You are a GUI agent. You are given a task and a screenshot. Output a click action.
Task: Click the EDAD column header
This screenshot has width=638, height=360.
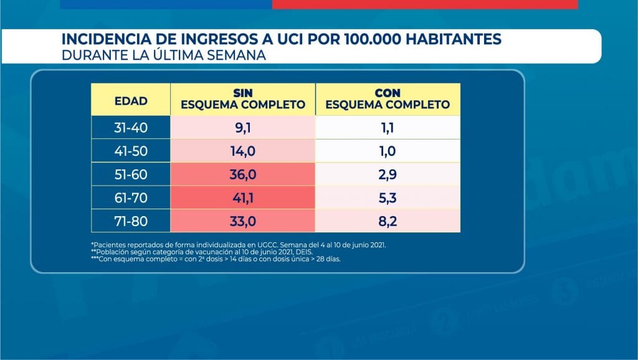point(131,100)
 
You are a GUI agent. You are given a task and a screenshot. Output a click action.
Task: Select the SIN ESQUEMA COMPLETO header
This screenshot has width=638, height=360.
point(243,100)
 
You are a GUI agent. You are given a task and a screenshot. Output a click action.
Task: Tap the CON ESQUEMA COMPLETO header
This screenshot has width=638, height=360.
point(388,100)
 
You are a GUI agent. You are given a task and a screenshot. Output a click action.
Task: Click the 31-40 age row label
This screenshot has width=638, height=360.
point(131,128)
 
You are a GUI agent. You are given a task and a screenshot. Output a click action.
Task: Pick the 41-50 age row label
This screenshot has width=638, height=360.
point(131,151)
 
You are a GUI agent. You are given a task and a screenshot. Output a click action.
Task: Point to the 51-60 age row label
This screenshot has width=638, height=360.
point(131,175)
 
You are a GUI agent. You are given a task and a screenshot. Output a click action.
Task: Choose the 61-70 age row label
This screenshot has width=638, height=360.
point(131,198)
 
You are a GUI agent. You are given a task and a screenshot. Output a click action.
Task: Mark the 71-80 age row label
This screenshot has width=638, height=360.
point(131,221)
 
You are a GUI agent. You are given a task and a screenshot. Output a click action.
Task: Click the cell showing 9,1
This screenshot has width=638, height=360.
point(243,128)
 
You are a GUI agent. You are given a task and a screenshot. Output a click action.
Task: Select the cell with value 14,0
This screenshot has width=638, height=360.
point(243,151)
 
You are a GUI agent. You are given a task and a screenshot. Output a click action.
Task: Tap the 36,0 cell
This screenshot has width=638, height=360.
point(243,175)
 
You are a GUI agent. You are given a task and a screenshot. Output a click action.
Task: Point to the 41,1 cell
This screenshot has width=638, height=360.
point(243,198)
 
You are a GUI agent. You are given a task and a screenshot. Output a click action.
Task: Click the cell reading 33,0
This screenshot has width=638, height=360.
point(243,221)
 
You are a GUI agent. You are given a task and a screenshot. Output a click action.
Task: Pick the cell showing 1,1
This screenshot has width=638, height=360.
point(388,128)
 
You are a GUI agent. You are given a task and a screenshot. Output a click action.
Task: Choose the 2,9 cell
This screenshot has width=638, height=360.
point(388,175)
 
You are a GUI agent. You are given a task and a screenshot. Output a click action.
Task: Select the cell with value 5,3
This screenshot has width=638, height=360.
point(388,198)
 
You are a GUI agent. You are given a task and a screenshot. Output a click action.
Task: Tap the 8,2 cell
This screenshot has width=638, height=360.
point(388,221)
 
